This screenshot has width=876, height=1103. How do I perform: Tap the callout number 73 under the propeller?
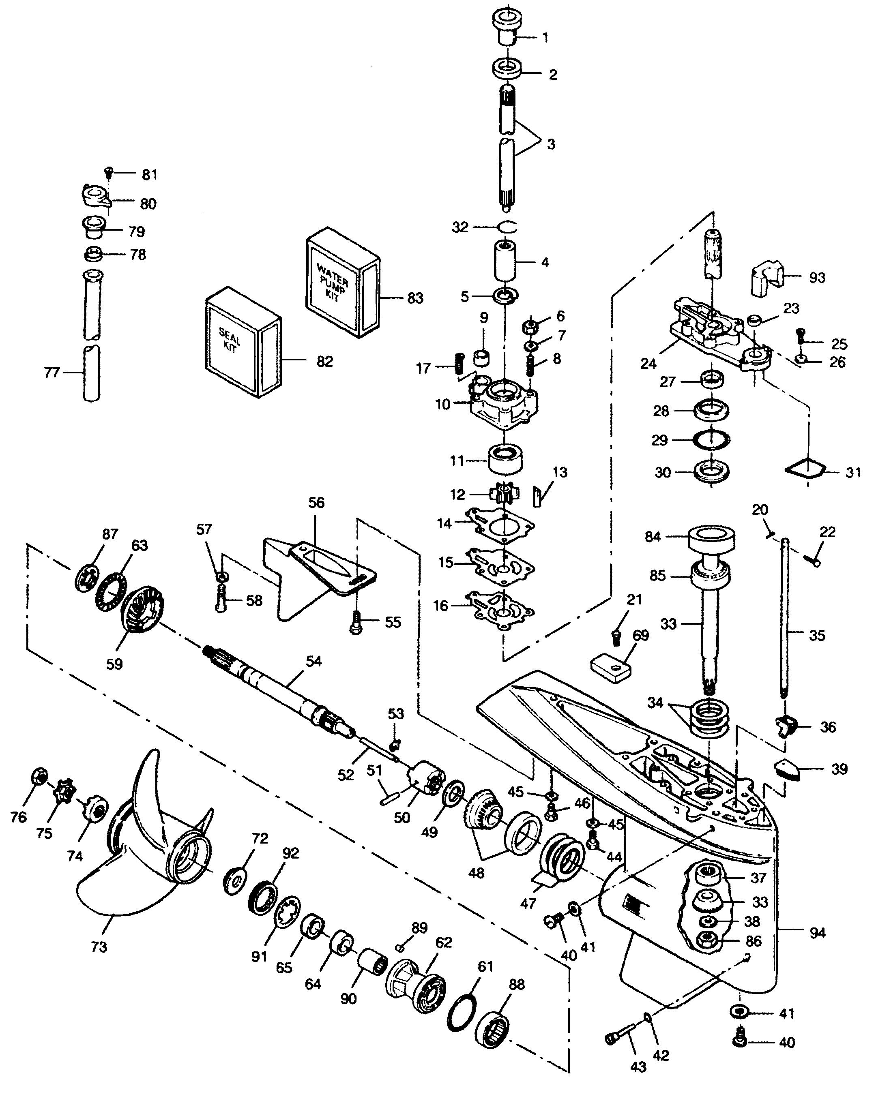(x=99, y=947)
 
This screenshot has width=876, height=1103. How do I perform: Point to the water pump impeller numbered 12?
(x=504, y=493)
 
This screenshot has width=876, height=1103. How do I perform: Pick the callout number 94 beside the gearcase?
(x=817, y=933)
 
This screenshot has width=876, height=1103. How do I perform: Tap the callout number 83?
(x=415, y=298)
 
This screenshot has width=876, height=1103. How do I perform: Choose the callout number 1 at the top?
(x=545, y=37)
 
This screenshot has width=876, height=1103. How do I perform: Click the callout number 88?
(x=517, y=984)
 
